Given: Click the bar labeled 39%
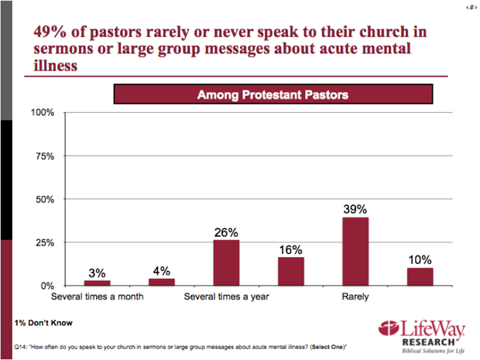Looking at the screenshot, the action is [355, 252].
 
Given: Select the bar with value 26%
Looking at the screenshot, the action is [227, 263].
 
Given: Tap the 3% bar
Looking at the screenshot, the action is [98, 283].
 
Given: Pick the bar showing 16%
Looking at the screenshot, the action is [291, 272].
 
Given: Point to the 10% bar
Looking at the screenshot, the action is [420, 277].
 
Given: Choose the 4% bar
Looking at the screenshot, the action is [162, 283].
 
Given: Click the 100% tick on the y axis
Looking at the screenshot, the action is [43, 112].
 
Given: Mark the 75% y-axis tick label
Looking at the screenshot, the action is [45, 156].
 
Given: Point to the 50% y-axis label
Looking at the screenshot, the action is [45, 199].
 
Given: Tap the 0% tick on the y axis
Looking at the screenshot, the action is [47, 286].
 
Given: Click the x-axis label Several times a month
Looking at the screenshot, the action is [98, 297].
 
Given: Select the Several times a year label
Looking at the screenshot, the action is [227, 297].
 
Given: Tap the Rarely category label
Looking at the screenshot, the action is [355, 297].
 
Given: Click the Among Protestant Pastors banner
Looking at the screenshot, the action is [273, 94].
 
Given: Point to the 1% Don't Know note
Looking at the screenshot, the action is [43, 323].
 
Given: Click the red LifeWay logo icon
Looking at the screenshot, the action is [389, 329].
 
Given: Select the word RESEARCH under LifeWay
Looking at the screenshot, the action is [429, 342].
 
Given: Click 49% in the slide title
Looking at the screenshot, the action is [50, 32].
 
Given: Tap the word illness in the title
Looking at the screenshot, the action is [56, 65].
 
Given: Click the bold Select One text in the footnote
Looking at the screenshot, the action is [327, 347].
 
